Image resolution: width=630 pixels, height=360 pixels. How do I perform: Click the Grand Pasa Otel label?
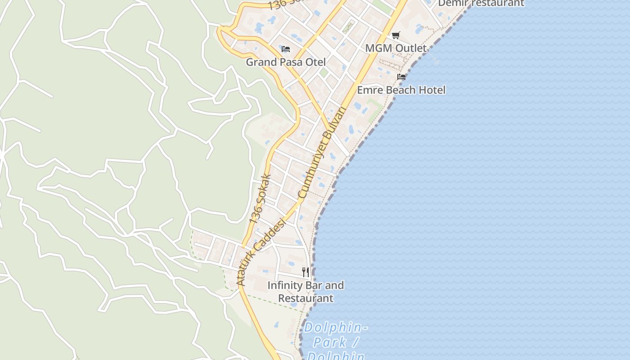pos(286,62)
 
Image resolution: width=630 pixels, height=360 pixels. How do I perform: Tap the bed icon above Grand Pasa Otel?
pos(286,49)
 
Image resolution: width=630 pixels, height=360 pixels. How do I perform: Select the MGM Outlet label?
pos(396,48)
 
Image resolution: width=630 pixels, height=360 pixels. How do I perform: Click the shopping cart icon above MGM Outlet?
pos(396,36)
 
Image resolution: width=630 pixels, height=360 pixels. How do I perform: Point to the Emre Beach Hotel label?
pos(401,90)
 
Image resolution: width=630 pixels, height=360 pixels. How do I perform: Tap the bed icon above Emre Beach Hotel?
pos(401,77)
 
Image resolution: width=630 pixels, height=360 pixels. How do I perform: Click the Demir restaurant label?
pos(481,3)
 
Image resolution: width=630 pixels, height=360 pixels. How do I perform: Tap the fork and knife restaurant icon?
pos(306,272)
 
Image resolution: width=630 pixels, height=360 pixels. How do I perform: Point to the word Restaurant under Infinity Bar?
pos(306,298)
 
